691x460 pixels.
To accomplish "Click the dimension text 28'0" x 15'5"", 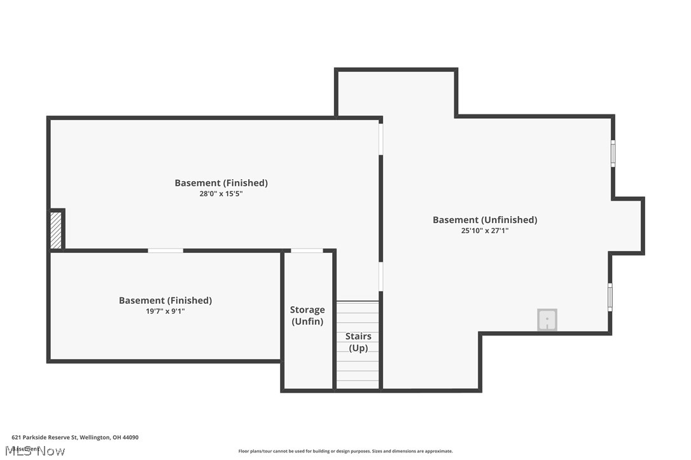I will (221, 194).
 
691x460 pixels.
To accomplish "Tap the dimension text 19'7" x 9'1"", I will (165, 311).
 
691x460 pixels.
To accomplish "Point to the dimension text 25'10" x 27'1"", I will (485, 231).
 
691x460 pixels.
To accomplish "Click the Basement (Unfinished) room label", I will (485, 220).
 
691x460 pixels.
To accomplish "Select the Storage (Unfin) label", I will (307, 315).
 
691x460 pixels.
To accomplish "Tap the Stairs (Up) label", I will (358, 342).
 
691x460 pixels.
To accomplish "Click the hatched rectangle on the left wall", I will (56, 230).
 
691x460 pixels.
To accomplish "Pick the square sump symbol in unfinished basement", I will (547, 320).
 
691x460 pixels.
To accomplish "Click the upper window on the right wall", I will (613, 153).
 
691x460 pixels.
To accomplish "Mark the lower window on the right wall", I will (610, 297).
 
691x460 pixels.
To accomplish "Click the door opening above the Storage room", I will (307, 251).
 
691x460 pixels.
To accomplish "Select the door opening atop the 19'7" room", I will (165, 251).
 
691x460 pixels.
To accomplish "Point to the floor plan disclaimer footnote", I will (345, 451).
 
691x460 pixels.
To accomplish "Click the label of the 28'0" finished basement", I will (221, 183).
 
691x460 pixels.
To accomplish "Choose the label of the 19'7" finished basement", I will (165, 301).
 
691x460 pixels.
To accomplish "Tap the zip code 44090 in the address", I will (130, 437).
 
